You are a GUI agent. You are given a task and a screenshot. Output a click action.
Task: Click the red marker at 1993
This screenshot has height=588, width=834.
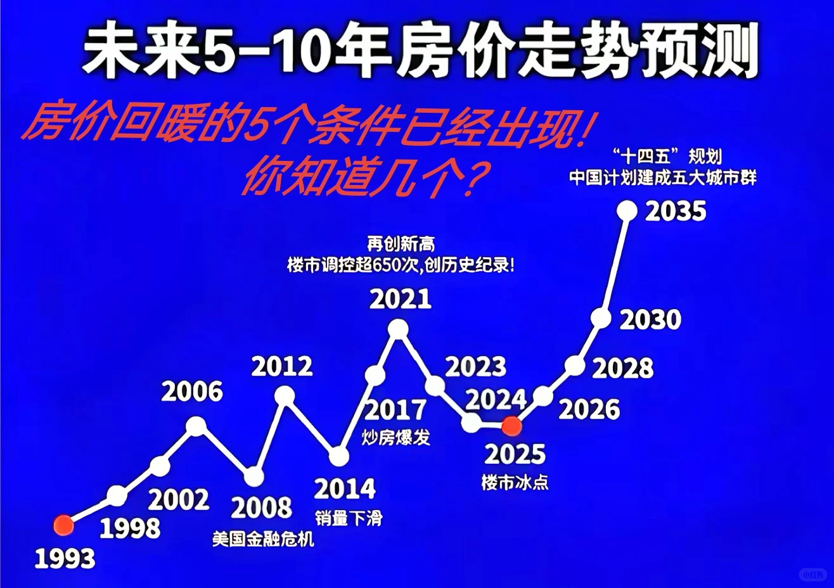click(63, 525)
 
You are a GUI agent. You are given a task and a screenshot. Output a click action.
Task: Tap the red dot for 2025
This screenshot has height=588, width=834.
click(511, 426)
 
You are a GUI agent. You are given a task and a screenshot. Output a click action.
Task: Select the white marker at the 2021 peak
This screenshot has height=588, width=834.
click(398, 328)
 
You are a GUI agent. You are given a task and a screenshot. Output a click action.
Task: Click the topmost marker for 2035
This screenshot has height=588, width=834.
click(627, 210)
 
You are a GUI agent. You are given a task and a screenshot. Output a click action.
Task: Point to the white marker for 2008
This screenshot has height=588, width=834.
click(253, 476)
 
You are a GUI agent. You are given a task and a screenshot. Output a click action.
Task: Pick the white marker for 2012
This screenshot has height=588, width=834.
click(286, 397)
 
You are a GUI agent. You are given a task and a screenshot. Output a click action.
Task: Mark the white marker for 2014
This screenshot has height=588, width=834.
click(339, 456)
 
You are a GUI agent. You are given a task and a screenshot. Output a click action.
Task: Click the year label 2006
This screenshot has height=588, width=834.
click(192, 392)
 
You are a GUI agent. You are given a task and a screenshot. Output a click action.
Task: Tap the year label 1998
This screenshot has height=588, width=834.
click(130, 528)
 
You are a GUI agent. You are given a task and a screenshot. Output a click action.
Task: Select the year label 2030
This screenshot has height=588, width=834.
click(650, 320)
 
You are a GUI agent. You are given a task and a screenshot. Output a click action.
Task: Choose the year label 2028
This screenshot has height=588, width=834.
click(622, 368)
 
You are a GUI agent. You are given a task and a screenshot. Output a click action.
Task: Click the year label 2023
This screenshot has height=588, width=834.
click(475, 367)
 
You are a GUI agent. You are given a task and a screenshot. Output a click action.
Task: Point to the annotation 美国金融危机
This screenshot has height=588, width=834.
click(263, 539)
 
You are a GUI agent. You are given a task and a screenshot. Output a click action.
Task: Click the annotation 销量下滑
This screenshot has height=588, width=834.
click(349, 518)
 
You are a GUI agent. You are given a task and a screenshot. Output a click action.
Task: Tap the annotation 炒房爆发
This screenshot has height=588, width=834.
click(396, 437)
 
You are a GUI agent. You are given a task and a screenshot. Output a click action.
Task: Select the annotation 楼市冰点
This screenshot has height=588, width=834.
click(515, 483)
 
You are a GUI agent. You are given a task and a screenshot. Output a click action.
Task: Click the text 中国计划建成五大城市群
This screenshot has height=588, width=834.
click(662, 177)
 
